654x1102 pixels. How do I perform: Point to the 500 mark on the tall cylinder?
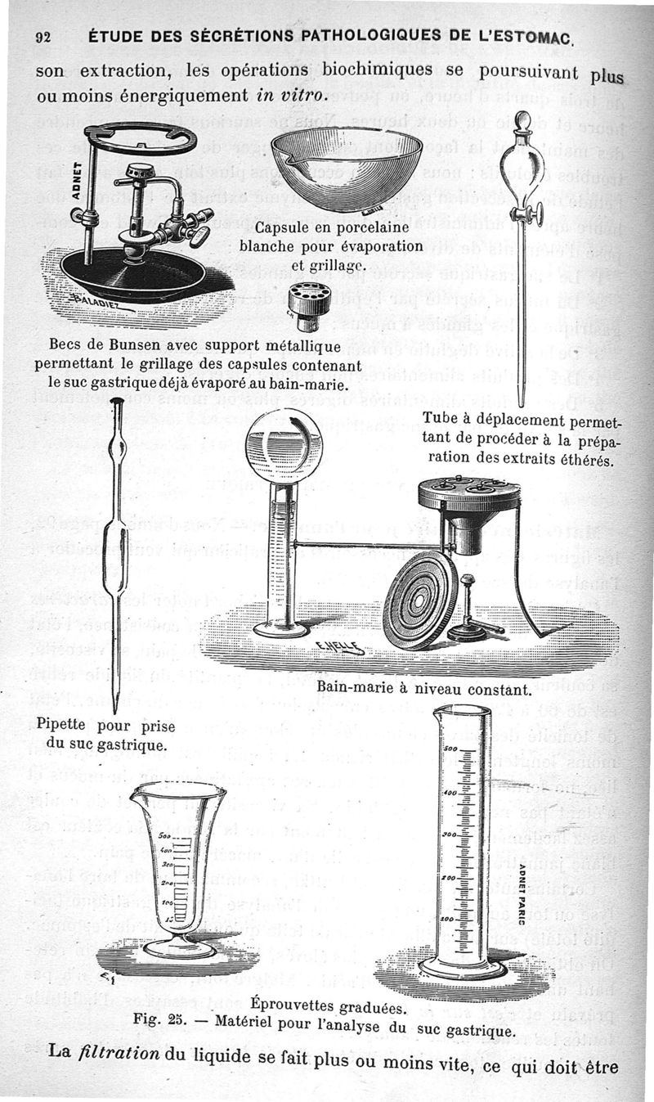coord(450,747)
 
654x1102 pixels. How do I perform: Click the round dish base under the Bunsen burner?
coord(131,274)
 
